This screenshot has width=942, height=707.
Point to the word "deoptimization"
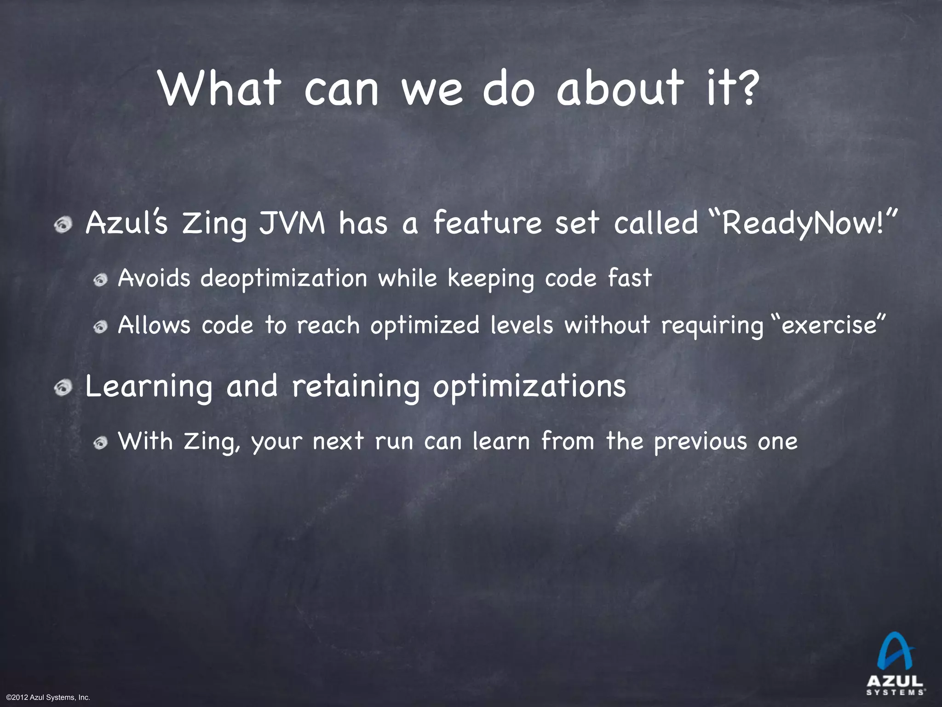[x=284, y=278]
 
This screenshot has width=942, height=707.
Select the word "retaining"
[x=356, y=387]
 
